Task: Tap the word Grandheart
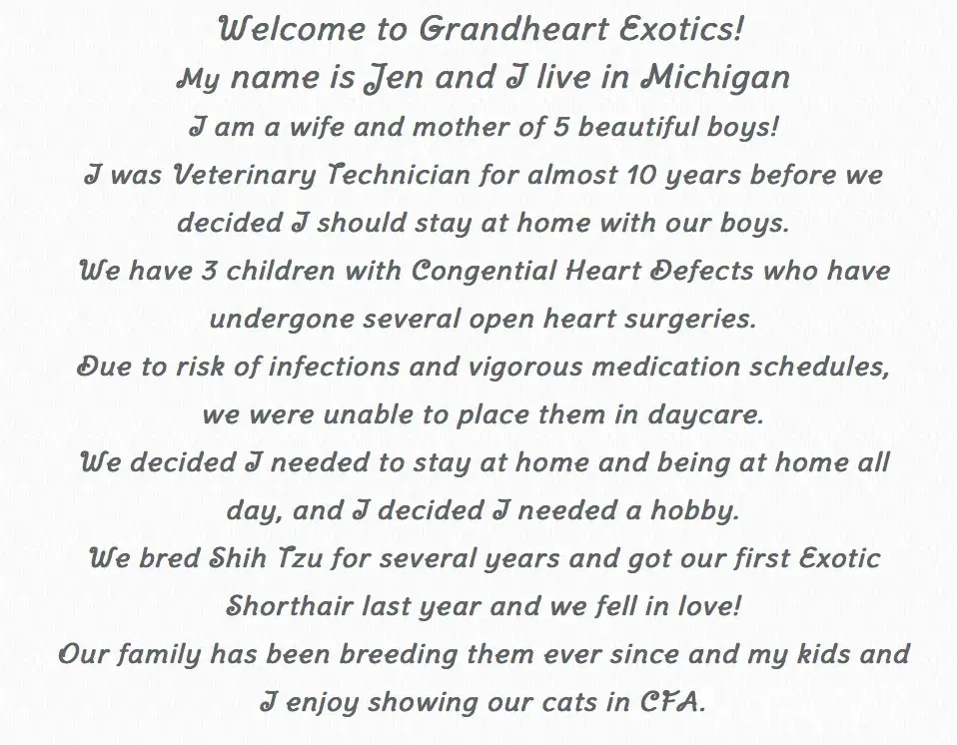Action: coord(505,29)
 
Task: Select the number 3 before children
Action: coord(209,271)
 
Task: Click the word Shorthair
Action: coord(290,606)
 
